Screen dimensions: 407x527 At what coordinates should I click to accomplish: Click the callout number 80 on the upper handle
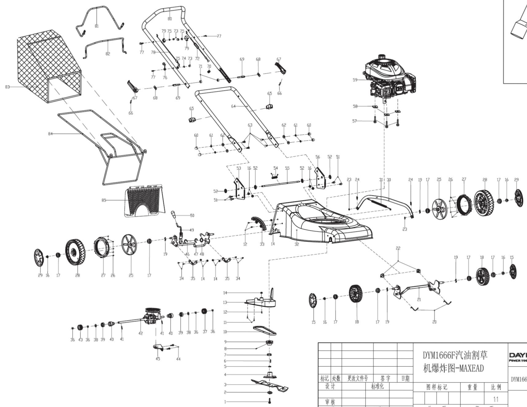(x=170, y=19)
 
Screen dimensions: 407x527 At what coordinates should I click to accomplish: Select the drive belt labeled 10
(x=265, y=331)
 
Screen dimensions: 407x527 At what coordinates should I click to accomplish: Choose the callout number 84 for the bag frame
(x=50, y=134)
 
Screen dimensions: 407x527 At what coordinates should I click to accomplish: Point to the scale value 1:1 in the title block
(x=496, y=399)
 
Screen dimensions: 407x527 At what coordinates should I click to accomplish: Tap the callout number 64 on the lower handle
(x=233, y=106)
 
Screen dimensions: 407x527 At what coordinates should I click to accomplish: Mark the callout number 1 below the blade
(x=225, y=402)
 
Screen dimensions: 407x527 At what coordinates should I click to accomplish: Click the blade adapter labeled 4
(x=269, y=375)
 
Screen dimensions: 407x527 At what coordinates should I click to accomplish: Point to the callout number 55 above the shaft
(x=287, y=168)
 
